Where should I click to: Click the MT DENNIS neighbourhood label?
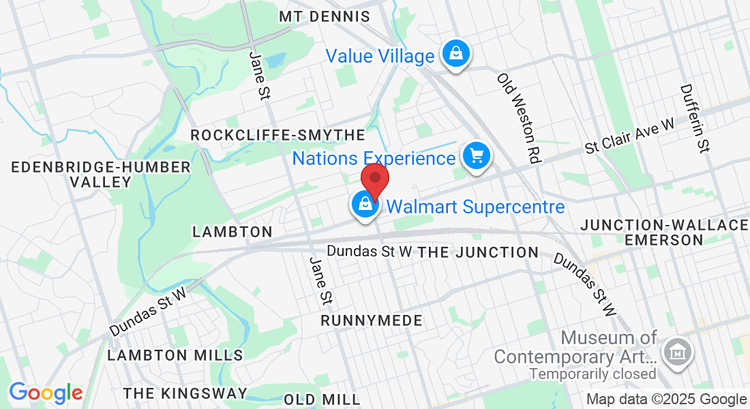pyautogui.click(x=325, y=16)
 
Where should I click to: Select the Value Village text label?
pyautogui.click(x=380, y=56)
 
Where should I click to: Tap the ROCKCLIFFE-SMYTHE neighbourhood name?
pyautogui.click(x=278, y=135)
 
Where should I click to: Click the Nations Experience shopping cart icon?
pyautogui.click(x=477, y=157)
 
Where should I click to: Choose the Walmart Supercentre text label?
pyautogui.click(x=476, y=207)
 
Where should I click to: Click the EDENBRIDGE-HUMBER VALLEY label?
pyautogui.click(x=101, y=175)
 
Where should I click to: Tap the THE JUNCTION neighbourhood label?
pyautogui.click(x=478, y=252)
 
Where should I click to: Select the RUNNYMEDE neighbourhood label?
pyautogui.click(x=372, y=320)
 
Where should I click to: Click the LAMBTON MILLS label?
pyautogui.click(x=175, y=355)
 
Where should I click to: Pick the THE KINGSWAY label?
pyautogui.click(x=185, y=393)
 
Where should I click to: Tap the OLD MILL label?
pyautogui.click(x=322, y=399)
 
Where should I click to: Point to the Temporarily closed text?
pyautogui.click(x=592, y=374)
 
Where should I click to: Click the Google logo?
pyautogui.click(x=46, y=393)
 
